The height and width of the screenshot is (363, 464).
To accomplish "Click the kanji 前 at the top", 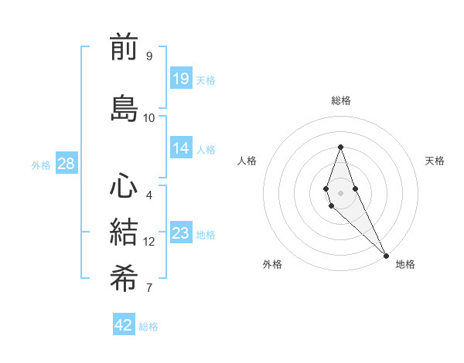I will (x=124, y=48).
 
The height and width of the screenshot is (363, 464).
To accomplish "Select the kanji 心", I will (x=124, y=187).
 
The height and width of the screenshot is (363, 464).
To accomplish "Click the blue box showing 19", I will (x=181, y=78).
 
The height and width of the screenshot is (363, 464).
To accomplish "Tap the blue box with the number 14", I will (x=181, y=148).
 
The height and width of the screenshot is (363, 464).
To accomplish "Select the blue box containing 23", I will (x=181, y=234).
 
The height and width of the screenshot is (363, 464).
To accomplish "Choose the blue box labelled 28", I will (x=66, y=164).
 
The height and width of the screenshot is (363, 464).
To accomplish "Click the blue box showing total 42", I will (x=124, y=325).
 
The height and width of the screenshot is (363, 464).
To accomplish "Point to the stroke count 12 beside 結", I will (x=149, y=242).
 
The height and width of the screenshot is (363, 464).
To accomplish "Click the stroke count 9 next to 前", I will (x=149, y=56).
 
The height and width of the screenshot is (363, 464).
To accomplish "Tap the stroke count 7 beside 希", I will (x=149, y=289).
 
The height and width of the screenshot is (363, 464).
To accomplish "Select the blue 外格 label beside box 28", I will (x=41, y=165).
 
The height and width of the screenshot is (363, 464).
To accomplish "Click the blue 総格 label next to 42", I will (x=148, y=327).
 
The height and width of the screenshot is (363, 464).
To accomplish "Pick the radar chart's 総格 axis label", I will (x=340, y=100).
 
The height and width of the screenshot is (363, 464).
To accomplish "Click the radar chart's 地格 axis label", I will (x=405, y=264).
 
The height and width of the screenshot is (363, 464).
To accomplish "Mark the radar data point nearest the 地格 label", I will (x=386, y=255).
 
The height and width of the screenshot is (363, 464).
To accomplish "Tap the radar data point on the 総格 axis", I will (x=340, y=147).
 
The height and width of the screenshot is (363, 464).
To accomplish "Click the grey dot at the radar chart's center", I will (x=340, y=192).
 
